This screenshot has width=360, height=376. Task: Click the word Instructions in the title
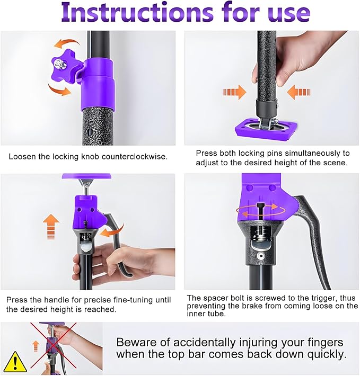pyautogui.click(x=137, y=13)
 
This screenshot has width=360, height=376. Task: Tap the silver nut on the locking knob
pyautogui.click(x=58, y=64)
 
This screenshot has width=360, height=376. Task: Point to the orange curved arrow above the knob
pyautogui.click(x=66, y=43)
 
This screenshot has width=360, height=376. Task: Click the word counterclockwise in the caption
pyautogui.click(x=134, y=157)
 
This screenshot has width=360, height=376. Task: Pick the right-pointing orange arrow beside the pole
pyautogui.click(x=234, y=92)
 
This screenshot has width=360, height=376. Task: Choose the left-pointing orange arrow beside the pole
pyautogui.click(x=298, y=92)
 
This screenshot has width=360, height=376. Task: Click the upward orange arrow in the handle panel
pyautogui.click(x=51, y=227)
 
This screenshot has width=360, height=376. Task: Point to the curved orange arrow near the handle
pyautogui.click(x=112, y=230)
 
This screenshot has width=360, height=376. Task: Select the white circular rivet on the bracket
pyautogui.click(x=260, y=256)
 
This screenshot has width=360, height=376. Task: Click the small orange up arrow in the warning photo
pyautogui.click(x=36, y=346)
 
